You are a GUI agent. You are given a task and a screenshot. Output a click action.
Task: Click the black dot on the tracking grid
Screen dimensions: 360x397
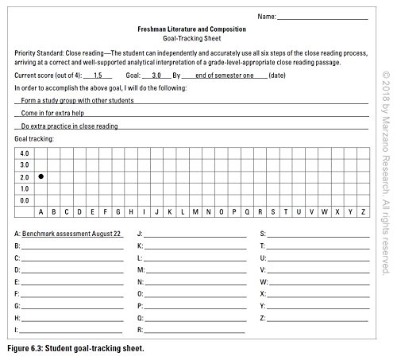click(x=40, y=176)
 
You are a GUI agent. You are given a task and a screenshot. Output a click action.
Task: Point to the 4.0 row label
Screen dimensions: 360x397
click(x=24, y=153)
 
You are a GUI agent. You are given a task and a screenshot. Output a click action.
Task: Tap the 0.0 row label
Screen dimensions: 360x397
click(x=24, y=200)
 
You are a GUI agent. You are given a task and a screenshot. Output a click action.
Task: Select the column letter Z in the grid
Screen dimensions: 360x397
click(x=363, y=212)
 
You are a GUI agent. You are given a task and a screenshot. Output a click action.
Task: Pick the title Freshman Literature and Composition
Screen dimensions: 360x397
click(x=191, y=27)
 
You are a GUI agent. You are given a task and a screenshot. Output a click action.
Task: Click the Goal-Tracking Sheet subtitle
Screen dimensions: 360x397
click(x=191, y=37)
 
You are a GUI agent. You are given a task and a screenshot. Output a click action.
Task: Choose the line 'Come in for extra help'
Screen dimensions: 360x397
click(x=54, y=113)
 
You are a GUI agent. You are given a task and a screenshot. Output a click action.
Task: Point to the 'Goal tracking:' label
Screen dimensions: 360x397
click(x=34, y=138)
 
